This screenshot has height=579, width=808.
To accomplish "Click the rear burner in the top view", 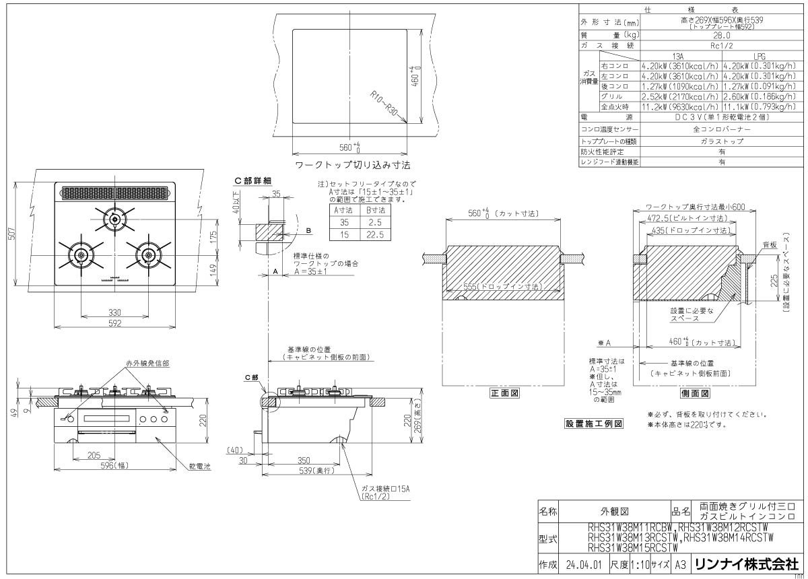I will coord(114,219).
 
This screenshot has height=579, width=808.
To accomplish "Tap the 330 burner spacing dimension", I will coord(115,313).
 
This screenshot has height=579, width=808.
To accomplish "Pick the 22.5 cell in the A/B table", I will coord(376,234).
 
